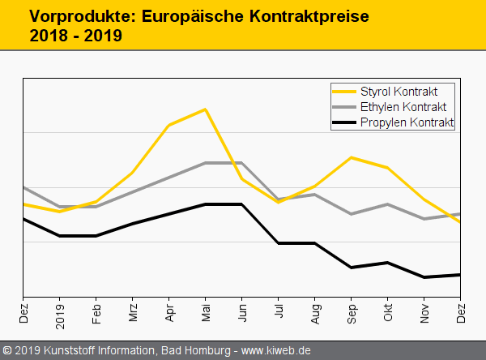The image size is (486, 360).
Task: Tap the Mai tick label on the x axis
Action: (206, 313)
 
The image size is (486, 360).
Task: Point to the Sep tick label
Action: (352, 313)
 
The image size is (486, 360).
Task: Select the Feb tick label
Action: (96, 313)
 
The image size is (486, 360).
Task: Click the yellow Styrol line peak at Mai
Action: (206, 109)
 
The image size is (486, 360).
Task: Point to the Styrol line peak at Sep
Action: (352, 157)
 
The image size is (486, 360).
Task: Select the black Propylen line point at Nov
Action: (424, 277)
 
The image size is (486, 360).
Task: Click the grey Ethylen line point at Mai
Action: (206, 163)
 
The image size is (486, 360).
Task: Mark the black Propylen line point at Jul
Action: (279, 243)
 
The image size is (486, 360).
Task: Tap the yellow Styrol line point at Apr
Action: (169, 125)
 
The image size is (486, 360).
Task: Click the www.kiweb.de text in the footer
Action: (276, 351)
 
